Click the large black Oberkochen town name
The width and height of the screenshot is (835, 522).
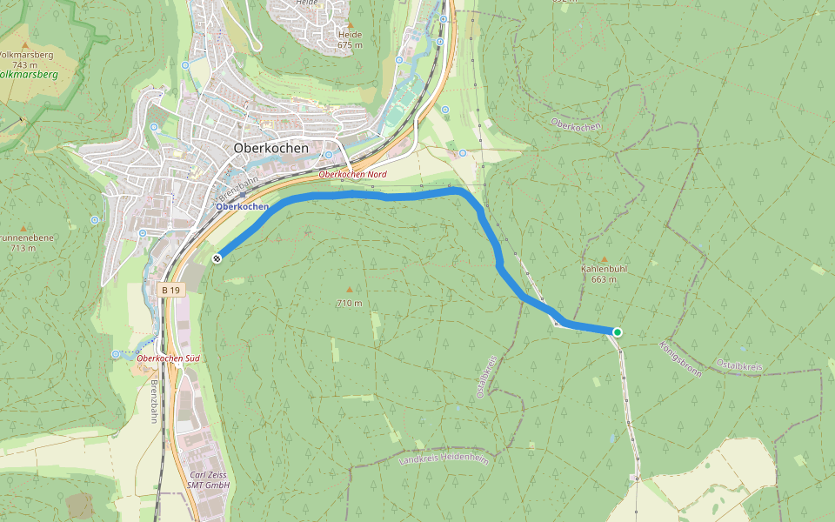pos(271,149)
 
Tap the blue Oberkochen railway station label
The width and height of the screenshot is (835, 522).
pos(242,207)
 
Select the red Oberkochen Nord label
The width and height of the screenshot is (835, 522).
pos(352,175)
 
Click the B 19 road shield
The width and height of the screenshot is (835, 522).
pos(170,290)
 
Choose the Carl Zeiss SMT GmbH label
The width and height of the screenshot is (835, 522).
pos(208,479)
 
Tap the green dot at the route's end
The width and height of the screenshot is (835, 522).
pos(618,332)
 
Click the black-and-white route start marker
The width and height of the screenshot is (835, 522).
pos(217,258)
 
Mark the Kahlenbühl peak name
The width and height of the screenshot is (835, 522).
pos(604,269)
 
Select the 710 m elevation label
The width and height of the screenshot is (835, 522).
pos(350,304)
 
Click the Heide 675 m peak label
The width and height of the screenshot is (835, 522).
pos(350,39)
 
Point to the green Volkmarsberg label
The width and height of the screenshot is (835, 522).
pos(29,76)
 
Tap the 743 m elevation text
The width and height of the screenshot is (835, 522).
pos(24,65)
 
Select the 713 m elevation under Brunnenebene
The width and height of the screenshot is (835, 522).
pos(23,248)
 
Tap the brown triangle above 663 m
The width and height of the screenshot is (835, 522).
pos(605,259)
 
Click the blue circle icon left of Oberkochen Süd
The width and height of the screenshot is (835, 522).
pos(116,354)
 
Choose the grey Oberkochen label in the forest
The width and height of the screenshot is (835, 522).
pos(576,126)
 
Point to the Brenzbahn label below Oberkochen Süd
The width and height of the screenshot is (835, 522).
pos(155,396)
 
